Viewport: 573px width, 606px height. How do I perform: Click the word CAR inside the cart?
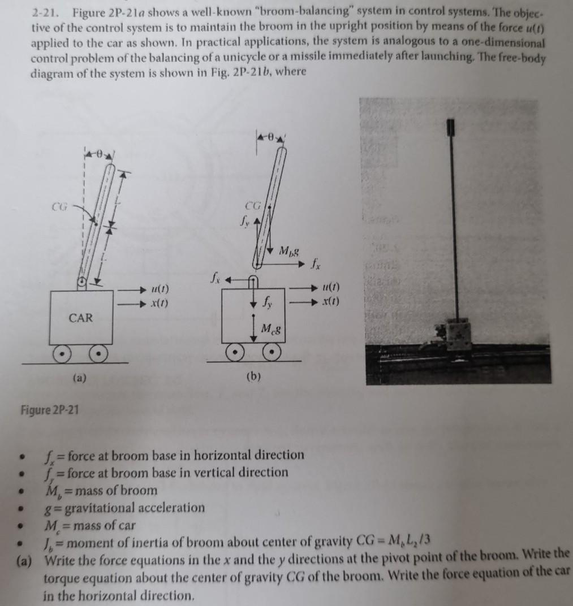81,318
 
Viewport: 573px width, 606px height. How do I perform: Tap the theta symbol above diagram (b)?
271,136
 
